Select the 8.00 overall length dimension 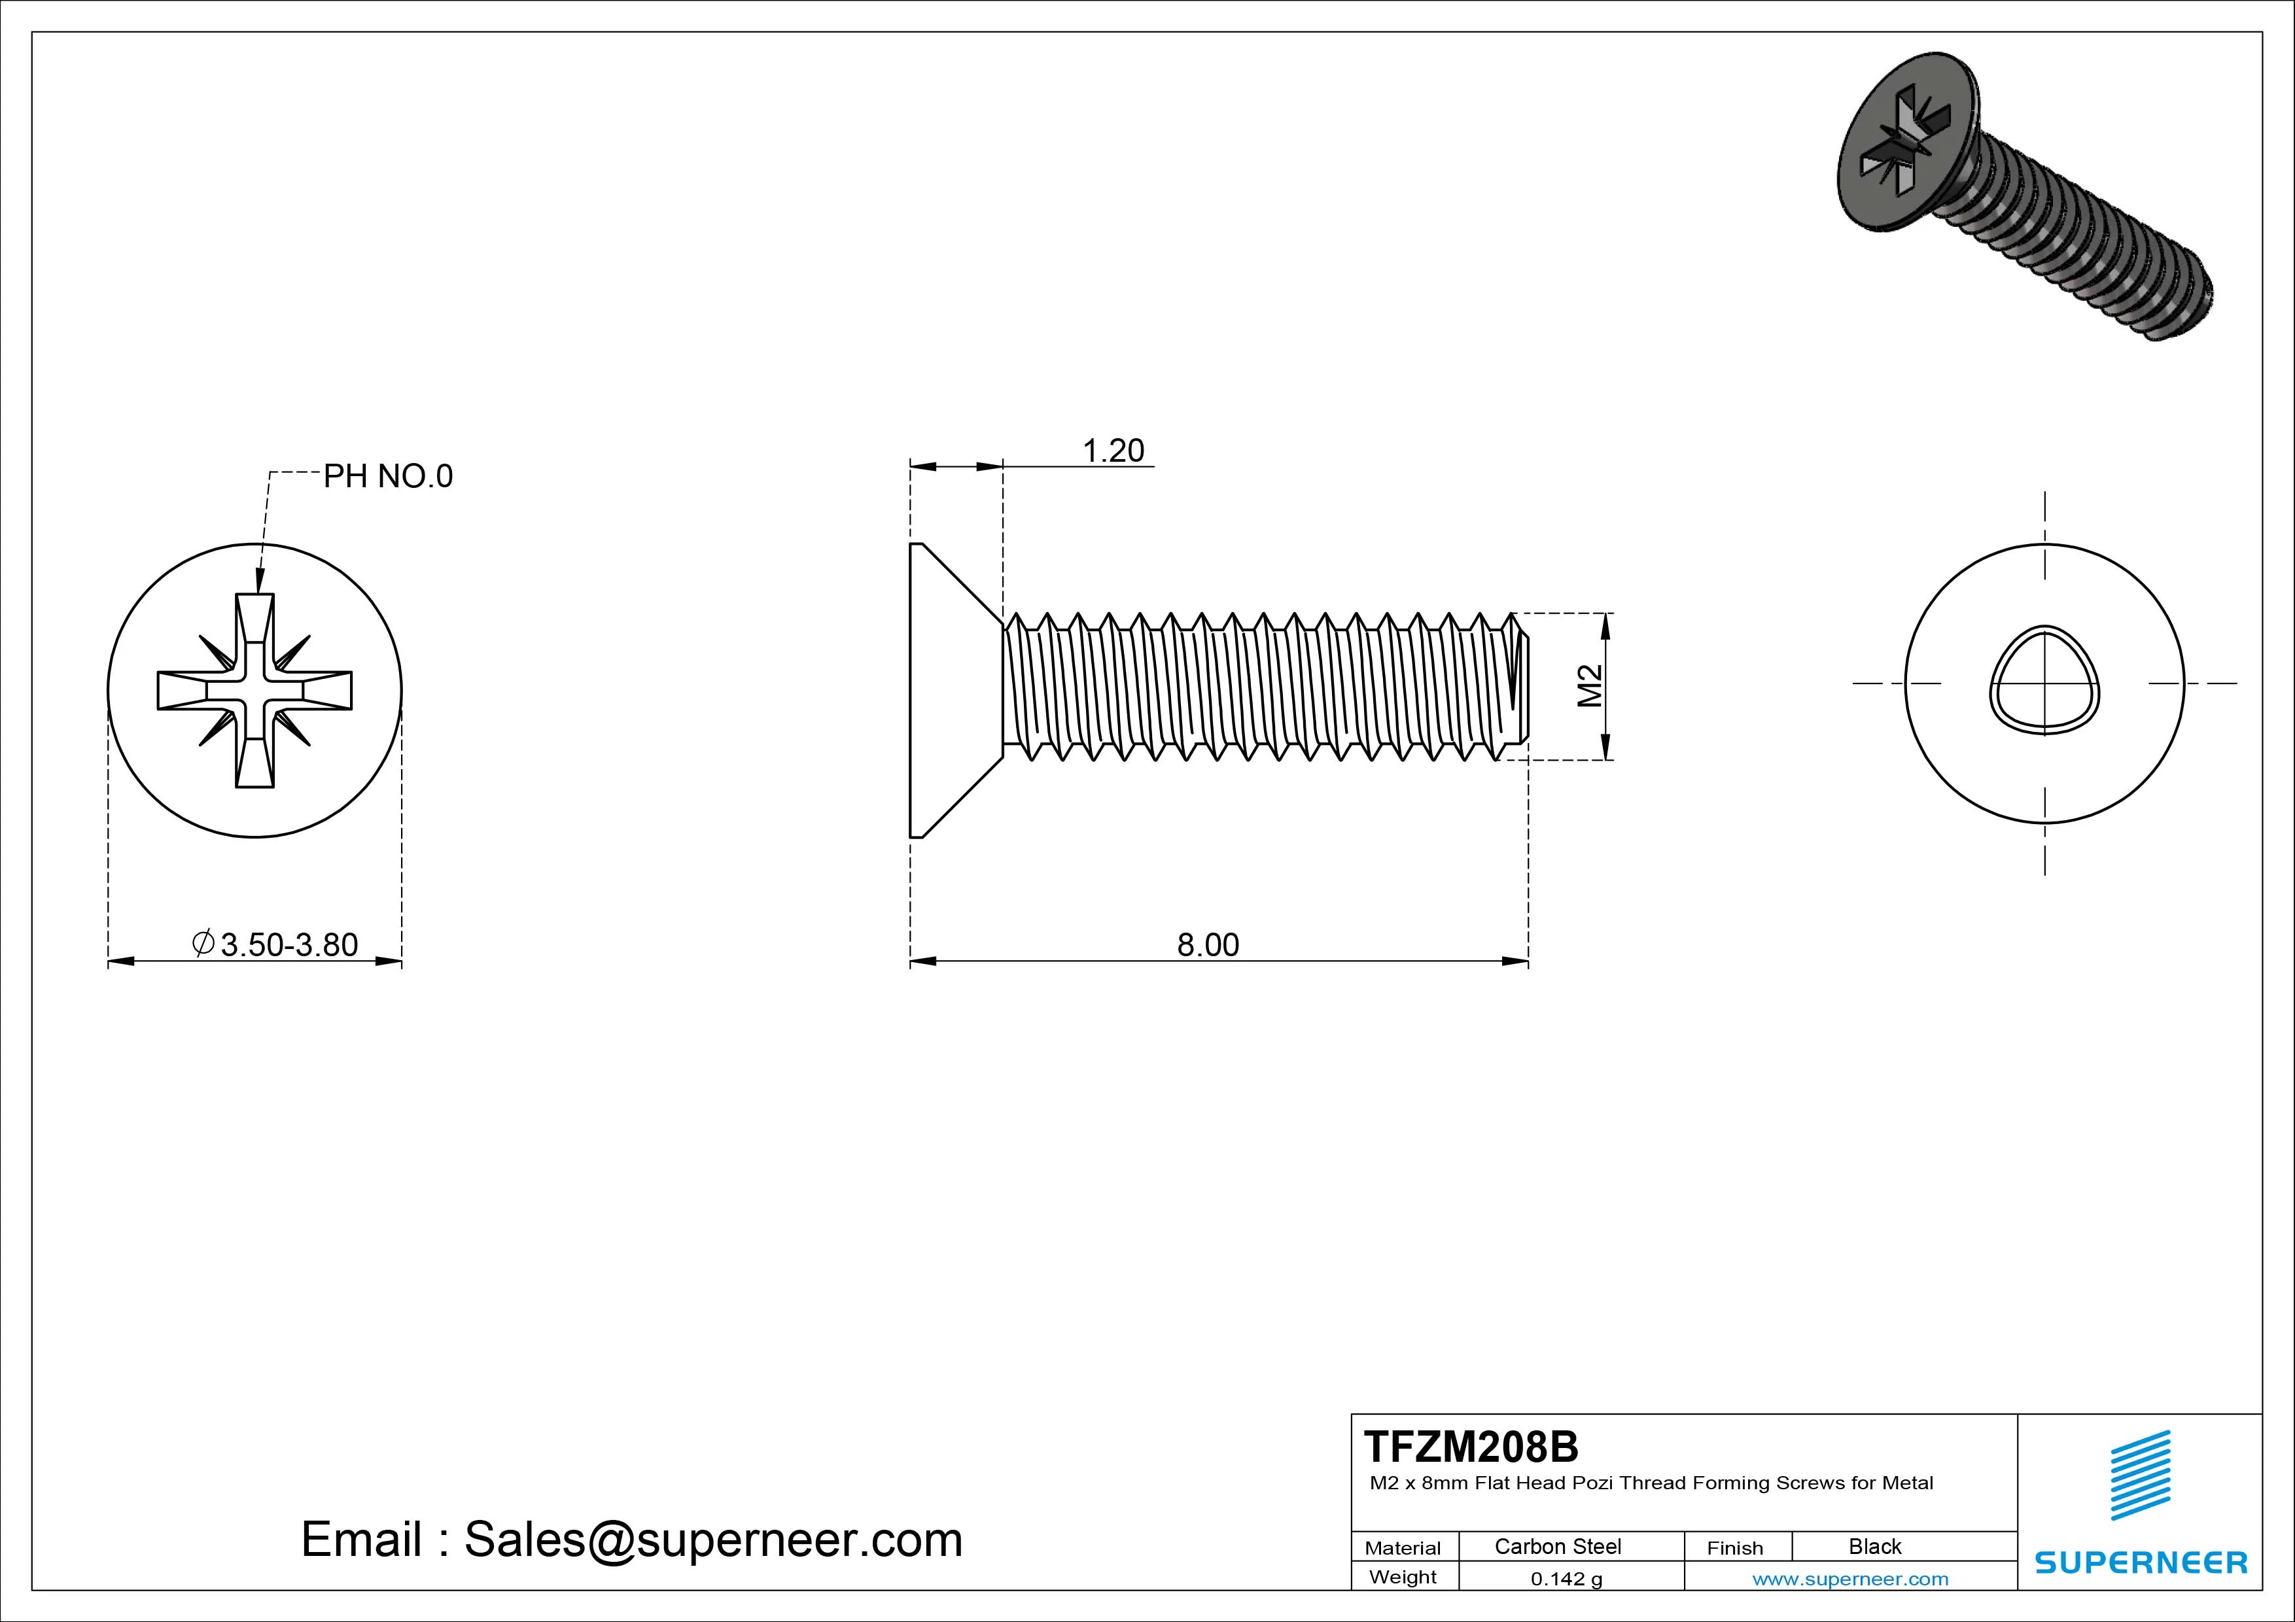tap(1208, 944)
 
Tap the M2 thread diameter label tap(1589, 687)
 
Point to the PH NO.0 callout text tap(388, 477)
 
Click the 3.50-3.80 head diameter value tap(288, 944)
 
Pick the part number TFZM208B tap(1471, 1446)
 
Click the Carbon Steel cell tap(1557, 1546)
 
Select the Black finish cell tap(1874, 1546)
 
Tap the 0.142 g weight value tap(1566, 1579)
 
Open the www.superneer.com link tap(1850, 1579)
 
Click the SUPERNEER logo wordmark tap(2141, 1562)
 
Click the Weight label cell tap(1403, 1577)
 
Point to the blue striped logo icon tap(2140, 1474)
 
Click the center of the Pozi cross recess tap(255, 691)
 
